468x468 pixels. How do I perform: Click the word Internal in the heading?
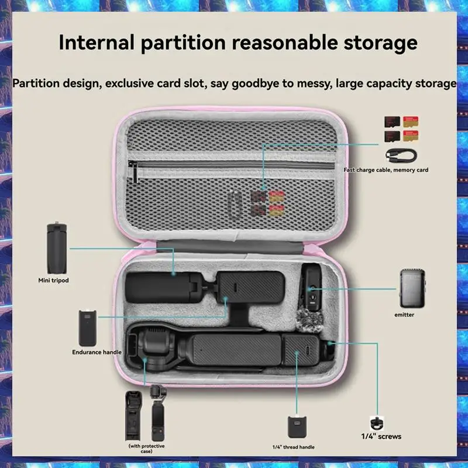pyautogui.click(x=93, y=43)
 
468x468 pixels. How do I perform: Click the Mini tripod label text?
pyautogui.click(x=53, y=280)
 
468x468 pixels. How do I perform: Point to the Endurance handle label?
pyautogui.click(x=97, y=352)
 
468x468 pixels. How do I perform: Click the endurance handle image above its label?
pyautogui.click(x=85, y=329)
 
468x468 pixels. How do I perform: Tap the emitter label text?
pyautogui.click(x=404, y=315)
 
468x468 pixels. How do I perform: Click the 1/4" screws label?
pyautogui.click(x=381, y=436)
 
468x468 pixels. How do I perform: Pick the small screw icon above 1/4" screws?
pyautogui.click(x=377, y=422)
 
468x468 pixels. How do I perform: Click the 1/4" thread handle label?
pyautogui.click(x=293, y=447)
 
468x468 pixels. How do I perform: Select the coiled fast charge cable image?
pyautogui.click(x=401, y=155)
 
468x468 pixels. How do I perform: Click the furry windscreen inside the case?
pyautogui.click(x=310, y=326)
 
